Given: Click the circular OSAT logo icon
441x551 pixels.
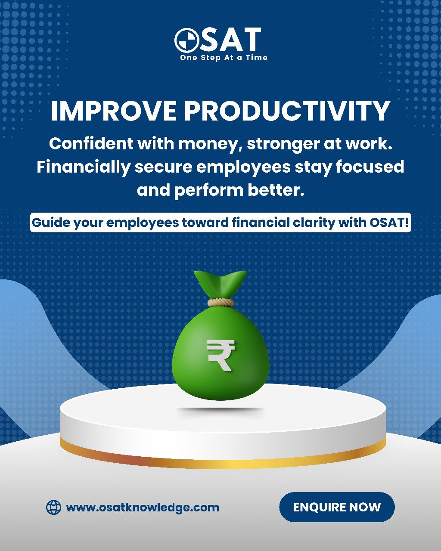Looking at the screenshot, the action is tap(187, 40).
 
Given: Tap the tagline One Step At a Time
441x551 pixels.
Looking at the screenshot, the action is tap(224, 58).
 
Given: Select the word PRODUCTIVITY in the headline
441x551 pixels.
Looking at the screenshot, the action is tap(287, 111).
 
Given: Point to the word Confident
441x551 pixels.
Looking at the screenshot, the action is tap(91, 144).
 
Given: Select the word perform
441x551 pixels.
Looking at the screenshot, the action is tap(209, 191).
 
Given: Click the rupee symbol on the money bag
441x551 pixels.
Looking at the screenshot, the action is tap(220, 355).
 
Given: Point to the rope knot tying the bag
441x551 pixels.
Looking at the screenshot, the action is tap(220, 303).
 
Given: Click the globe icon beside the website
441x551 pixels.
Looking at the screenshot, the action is tap(53, 507).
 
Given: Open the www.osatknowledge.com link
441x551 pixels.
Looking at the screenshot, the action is tap(143, 508).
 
